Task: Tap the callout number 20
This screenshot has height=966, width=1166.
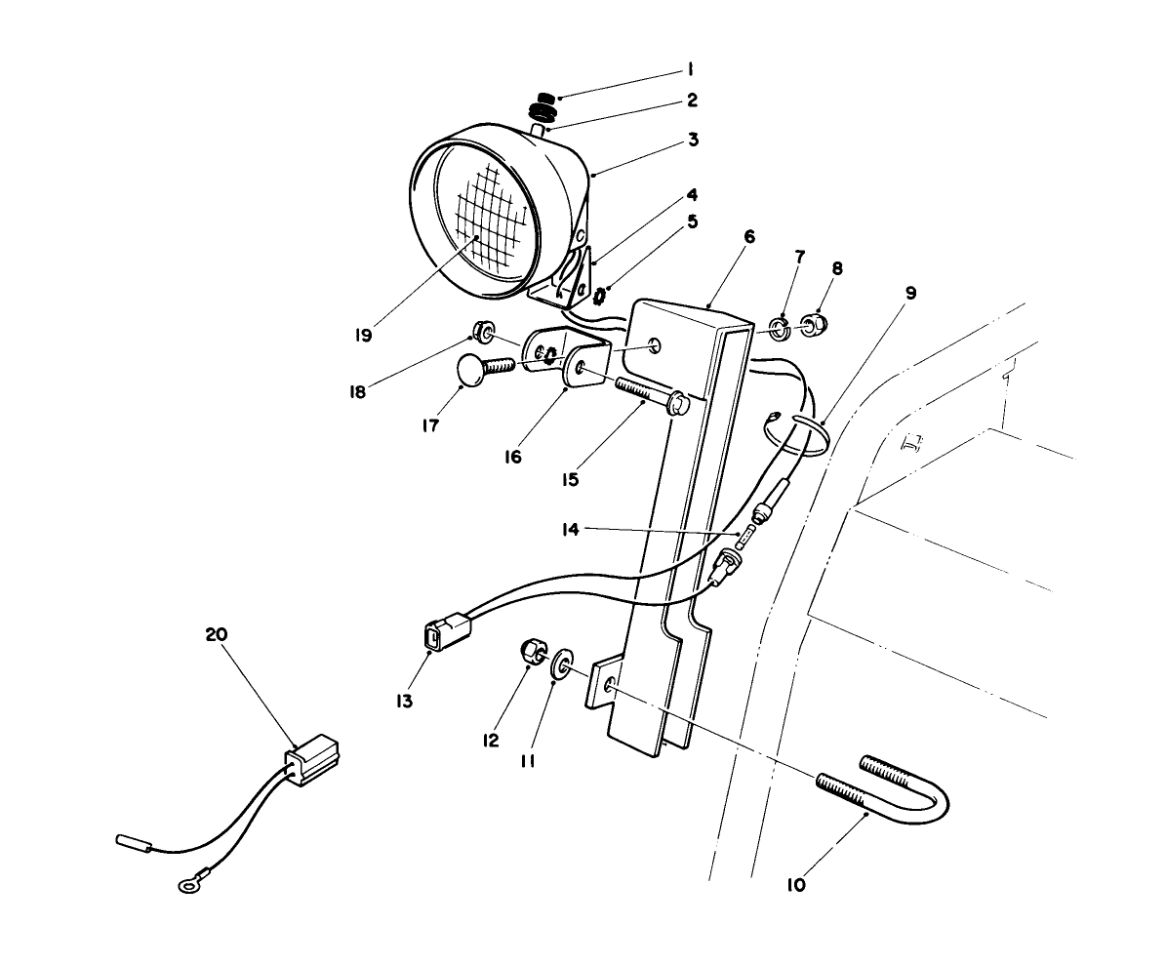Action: (216, 634)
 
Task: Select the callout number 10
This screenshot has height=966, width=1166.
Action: (795, 886)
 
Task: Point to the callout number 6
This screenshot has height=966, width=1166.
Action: (748, 237)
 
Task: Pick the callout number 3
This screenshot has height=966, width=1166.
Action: (693, 140)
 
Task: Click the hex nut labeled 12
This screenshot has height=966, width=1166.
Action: (532, 651)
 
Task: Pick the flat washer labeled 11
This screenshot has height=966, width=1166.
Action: (562, 667)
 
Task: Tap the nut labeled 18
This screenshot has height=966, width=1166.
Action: (481, 328)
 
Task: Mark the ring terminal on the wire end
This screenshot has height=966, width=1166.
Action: (185, 886)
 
